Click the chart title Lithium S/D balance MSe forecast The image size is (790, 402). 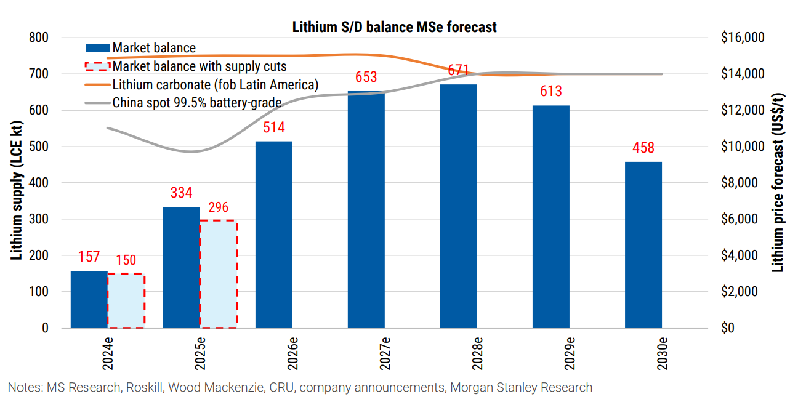coord(394,27)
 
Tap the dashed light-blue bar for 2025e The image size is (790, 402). coord(219,274)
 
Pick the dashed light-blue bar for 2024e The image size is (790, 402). coord(126,300)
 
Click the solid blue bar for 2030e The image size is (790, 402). coord(643,244)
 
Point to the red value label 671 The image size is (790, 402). coord(459,70)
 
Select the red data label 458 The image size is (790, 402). coord(643,148)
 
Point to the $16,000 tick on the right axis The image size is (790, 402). coord(742,38)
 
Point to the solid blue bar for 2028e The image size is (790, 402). coord(459,206)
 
